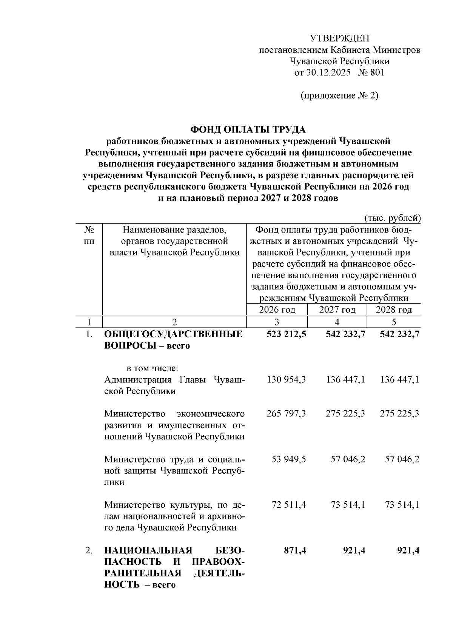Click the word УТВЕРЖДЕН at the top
point(339,38)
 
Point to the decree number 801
point(377,72)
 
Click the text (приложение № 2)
point(339,96)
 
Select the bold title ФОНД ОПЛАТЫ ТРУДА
point(248,129)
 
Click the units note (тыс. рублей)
point(392,218)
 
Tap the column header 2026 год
point(277,310)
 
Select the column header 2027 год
point(337,310)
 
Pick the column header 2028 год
point(394,310)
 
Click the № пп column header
point(89,235)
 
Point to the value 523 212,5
point(286,334)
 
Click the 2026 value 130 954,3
point(286,379)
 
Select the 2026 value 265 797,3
point(286,414)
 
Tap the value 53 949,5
point(289,459)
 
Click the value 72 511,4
point(289,505)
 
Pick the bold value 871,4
point(295,550)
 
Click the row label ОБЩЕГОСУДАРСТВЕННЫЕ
point(173,334)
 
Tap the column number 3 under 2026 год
point(277,322)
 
